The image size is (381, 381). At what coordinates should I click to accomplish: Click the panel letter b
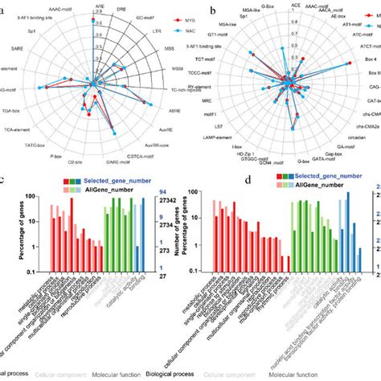coord(211,13)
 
